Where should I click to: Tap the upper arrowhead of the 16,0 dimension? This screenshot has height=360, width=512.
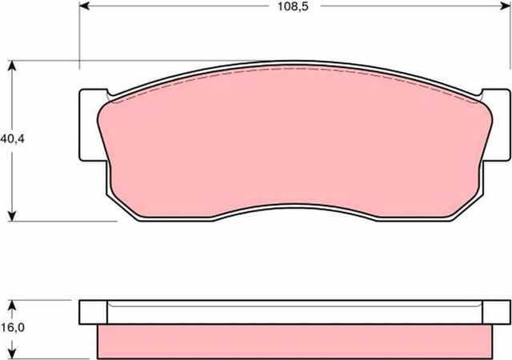click(12, 304)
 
